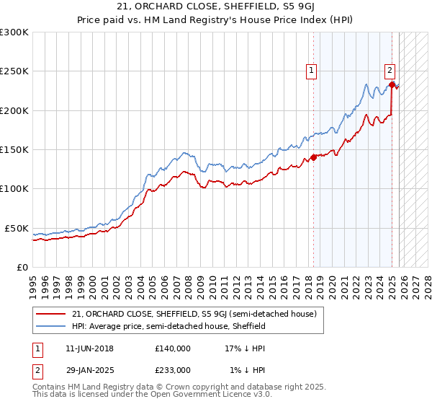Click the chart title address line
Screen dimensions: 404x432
215,6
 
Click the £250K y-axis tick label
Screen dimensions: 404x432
14,71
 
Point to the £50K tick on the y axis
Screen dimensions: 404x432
17,228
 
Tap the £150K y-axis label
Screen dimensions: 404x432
14,150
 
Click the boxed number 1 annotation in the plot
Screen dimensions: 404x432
312,71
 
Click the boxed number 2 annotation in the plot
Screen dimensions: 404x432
390,71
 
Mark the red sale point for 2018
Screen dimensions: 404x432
313,158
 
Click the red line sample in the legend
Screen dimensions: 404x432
51,314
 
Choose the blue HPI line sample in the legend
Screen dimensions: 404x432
51,326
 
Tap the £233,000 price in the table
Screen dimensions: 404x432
173,369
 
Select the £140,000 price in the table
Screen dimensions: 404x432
173,348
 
